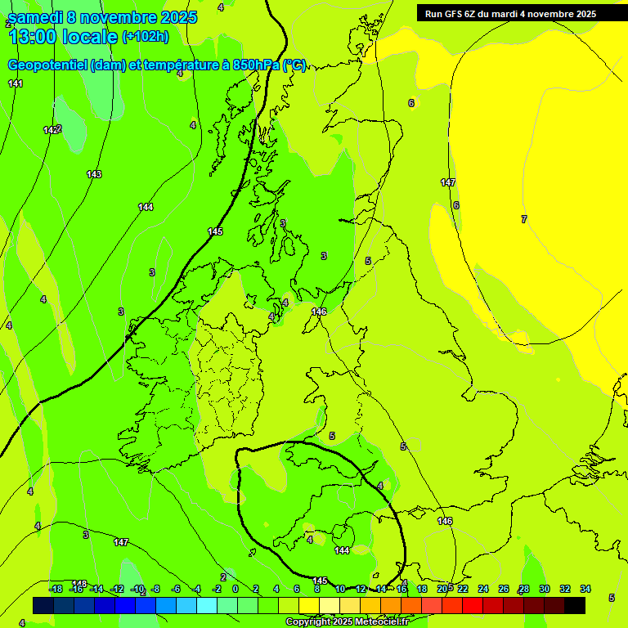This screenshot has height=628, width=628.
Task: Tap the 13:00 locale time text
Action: (x=62, y=36)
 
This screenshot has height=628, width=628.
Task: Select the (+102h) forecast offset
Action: (x=145, y=36)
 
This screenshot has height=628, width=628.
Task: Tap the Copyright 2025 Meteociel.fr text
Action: (x=347, y=622)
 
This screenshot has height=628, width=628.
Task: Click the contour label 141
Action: (x=16, y=83)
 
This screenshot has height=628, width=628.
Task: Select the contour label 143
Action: (x=94, y=174)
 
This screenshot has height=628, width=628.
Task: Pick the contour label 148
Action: (x=79, y=583)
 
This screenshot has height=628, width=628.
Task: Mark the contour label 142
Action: (x=51, y=130)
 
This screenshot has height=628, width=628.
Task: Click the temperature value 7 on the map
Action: (x=524, y=219)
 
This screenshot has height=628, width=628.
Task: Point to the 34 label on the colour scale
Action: (x=585, y=589)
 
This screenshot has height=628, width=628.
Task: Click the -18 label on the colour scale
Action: (x=56, y=589)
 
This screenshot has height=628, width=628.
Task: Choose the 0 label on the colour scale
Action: (x=235, y=589)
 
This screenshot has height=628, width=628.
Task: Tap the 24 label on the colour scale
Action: (x=483, y=589)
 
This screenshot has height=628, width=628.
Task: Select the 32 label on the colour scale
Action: (x=565, y=589)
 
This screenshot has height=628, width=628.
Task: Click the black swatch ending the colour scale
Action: (x=575, y=605)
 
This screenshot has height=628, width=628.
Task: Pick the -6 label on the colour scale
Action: (x=176, y=589)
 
